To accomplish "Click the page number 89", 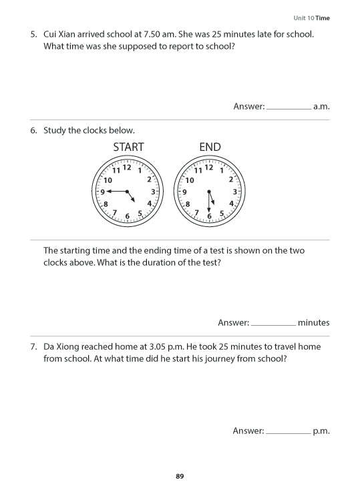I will (x=180, y=476).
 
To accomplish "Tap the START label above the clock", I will (x=128, y=147).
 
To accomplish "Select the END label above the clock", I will (x=210, y=147).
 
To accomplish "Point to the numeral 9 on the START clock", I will (x=102, y=192).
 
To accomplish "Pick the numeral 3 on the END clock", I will (x=234, y=192).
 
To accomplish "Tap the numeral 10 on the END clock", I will (x=190, y=180).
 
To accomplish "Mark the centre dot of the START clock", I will (x=128, y=192).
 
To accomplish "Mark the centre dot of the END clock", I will (x=209, y=192).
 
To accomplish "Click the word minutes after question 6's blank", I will (x=314, y=322).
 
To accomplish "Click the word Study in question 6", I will (x=55, y=130).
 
